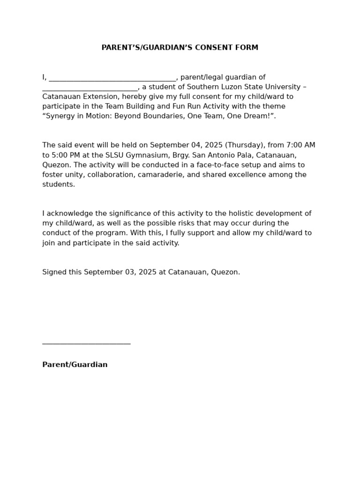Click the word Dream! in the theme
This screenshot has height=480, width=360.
pos(257,116)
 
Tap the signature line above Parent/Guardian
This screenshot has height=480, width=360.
pos(86,343)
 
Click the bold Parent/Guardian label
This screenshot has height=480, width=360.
pos(75,365)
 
